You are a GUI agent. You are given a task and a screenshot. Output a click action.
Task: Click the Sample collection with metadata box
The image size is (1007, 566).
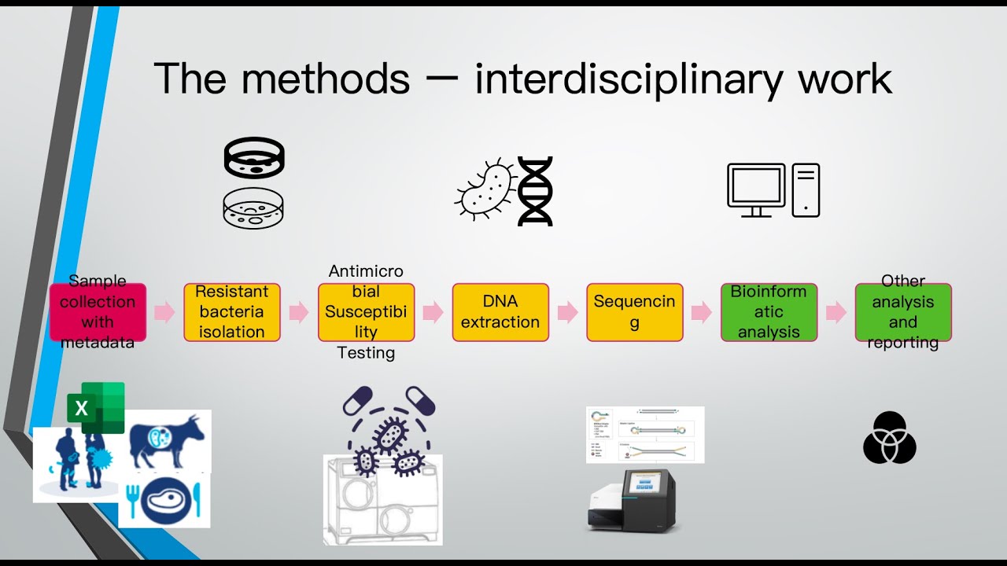coord(98,312)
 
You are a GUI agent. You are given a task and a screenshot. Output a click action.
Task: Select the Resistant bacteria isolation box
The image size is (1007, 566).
coord(232,312)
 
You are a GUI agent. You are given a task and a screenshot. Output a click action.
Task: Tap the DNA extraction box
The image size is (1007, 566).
coord(500,312)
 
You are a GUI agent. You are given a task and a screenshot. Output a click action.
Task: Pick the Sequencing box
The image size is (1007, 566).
coord(635,312)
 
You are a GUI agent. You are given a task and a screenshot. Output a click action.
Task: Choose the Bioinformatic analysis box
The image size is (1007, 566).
coord(769,312)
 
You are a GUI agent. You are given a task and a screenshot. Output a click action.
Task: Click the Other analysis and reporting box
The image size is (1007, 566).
coord(903,312)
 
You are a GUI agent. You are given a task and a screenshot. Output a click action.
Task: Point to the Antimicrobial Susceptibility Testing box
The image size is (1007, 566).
coord(366,312)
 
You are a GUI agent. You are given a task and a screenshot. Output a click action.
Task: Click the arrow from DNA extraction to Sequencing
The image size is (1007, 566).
coord(567,312)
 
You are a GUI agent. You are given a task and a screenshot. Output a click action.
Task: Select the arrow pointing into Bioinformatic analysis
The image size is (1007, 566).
coord(702,312)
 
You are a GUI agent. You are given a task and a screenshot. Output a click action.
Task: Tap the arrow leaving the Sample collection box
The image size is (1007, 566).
coord(164,312)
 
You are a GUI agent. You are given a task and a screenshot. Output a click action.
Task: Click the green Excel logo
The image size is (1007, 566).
coord(95,407)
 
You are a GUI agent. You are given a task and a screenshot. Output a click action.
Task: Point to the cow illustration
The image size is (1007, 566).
coord(166,440)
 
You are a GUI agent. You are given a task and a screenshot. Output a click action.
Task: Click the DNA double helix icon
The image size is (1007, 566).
coord(535,191)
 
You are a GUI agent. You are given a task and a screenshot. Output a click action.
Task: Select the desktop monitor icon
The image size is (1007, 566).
coord(756,189)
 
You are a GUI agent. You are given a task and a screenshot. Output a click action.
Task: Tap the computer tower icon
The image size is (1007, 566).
coord(806,189)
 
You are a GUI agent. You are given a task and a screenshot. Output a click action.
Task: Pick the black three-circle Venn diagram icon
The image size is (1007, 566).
coord(890,438)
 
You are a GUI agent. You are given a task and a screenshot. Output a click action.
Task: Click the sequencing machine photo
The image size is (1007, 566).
coord(632,498)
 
